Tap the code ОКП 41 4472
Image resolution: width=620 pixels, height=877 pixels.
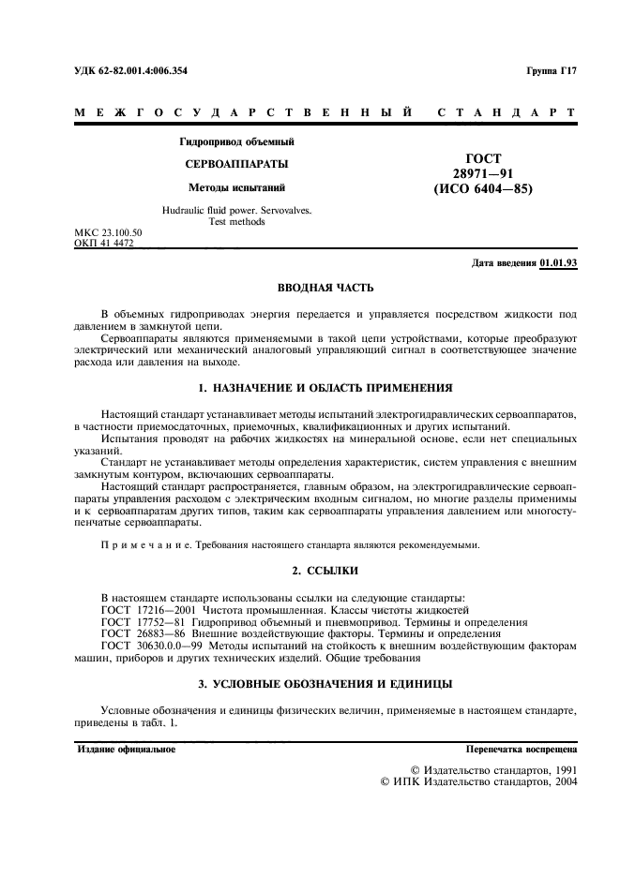click(x=103, y=243)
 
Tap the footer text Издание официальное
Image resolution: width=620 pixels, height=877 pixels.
click(x=126, y=750)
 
